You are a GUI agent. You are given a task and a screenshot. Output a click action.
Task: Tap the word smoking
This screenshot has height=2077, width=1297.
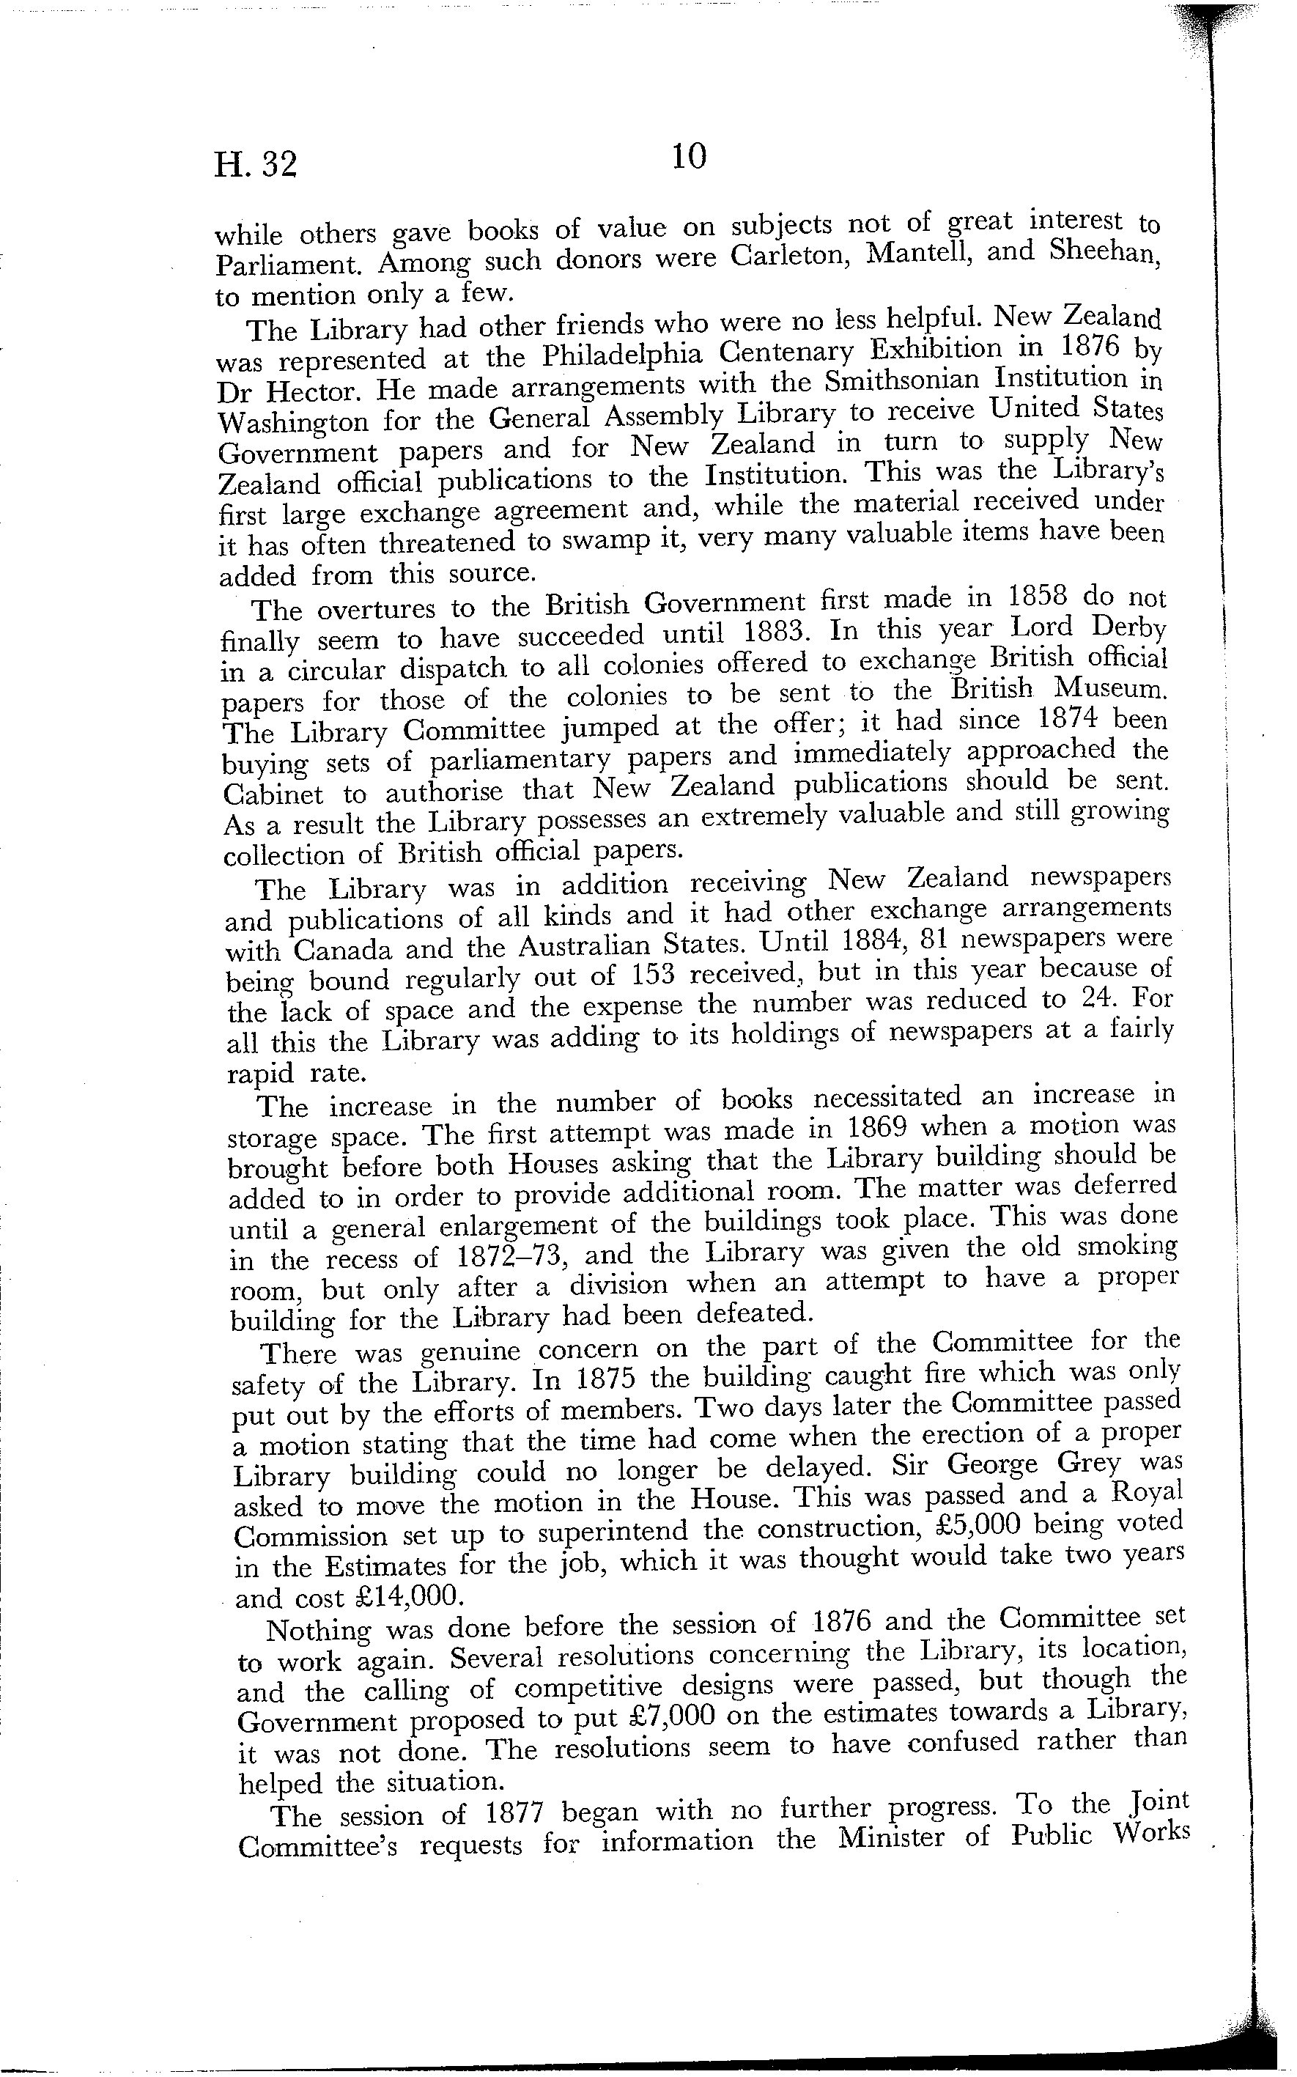pyautogui.click(x=1120, y=1247)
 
